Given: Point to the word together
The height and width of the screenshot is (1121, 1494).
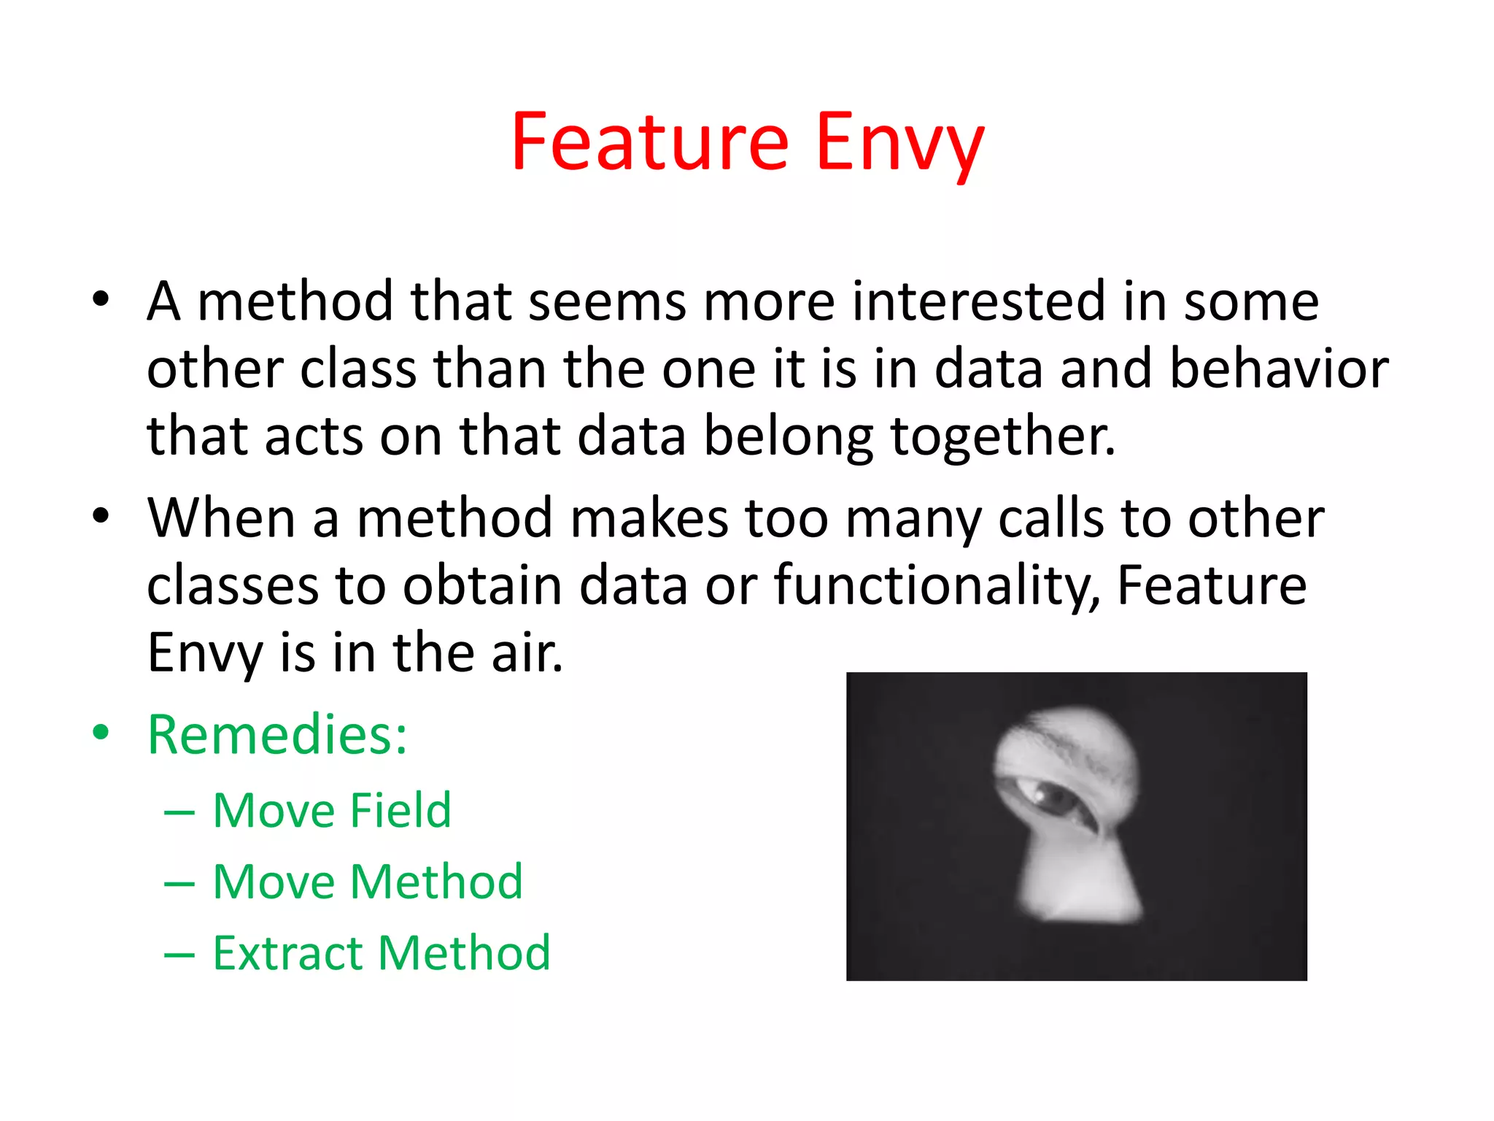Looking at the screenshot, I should coord(1002,437).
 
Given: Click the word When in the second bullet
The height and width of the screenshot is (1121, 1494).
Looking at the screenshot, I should coord(221,518).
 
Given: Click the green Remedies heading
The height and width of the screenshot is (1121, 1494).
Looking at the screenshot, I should coord(277,734).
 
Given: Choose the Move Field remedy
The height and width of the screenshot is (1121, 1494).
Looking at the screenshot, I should coord(332,811).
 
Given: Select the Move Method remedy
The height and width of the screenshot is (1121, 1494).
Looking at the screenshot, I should coord(368,882).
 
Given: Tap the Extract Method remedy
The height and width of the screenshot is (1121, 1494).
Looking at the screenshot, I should coord(382,953).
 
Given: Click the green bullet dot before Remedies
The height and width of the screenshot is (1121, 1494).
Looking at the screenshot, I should coord(101,732).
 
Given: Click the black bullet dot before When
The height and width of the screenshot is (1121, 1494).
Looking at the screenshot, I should coord(101,516).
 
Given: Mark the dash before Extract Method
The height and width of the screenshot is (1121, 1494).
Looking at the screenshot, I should coord(179,955).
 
